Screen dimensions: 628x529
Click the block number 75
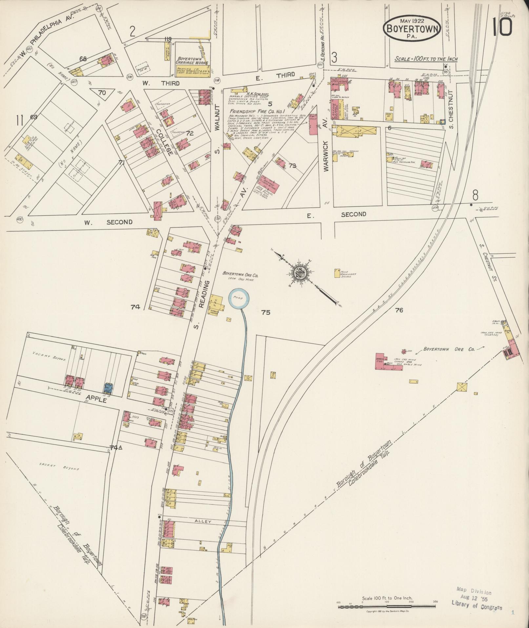[266, 313]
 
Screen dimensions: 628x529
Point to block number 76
[399, 310]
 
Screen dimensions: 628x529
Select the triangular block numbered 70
[102, 93]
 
